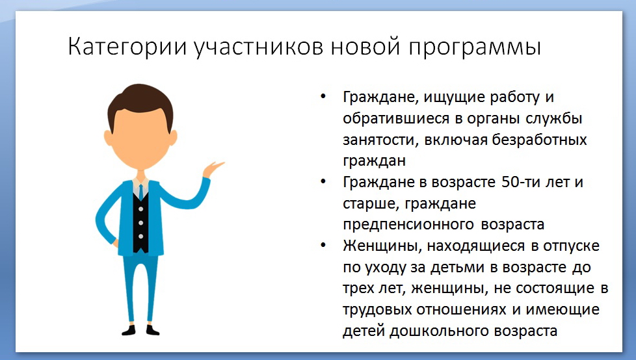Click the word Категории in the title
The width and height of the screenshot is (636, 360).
[x=127, y=47]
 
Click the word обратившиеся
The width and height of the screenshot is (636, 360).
[x=396, y=118]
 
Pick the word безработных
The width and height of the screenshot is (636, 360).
[x=540, y=140]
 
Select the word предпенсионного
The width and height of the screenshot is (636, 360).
[x=408, y=225]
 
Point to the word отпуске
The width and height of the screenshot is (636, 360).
[x=571, y=246]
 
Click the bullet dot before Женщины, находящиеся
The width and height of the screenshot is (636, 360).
[x=323, y=245]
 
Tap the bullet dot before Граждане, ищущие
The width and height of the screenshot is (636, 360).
[x=323, y=96]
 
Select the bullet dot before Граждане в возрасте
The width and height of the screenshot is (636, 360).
[x=323, y=181]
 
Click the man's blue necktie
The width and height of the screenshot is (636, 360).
[x=140, y=192]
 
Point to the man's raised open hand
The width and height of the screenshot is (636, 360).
[x=213, y=169]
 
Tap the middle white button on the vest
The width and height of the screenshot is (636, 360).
[x=140, y=223]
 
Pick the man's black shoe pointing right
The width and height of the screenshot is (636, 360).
[x=152, y=330]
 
